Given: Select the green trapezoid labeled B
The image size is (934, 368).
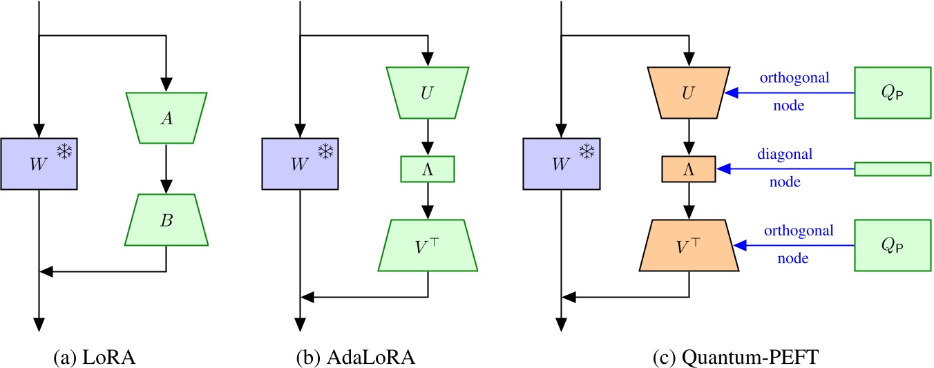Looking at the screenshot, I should click(x=166, y=221).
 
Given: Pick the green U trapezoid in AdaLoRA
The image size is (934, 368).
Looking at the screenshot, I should click(x=428, y=92).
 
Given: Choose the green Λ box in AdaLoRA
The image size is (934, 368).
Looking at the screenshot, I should click(x=428, y=168).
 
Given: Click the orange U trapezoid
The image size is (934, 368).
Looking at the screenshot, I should click(x=688, y=92).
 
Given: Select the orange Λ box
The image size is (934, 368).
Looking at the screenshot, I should click(x=688, y=168).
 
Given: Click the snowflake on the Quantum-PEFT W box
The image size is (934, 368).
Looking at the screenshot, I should click(x=586, y=152).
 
